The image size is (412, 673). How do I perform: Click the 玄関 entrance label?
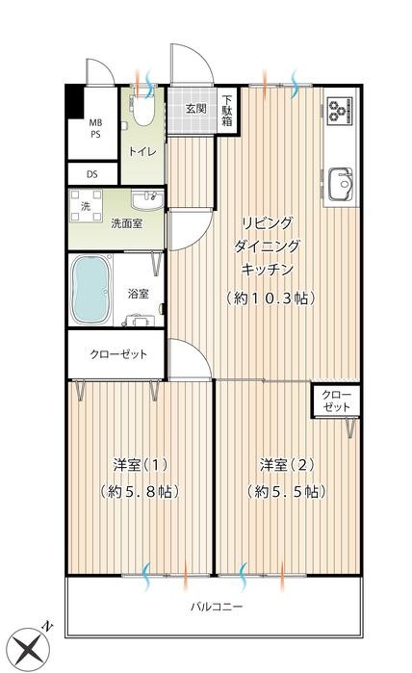pyautogui.click(x=196, y=109)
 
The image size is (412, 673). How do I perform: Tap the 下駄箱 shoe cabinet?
pyautogui.click(x=228, y=109)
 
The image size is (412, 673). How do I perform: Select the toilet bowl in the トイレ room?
pyautogui.click(x=142, y=111)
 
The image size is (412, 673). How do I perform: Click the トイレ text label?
pyautogui.click(x=142, y=151)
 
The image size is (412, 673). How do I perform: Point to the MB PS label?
pyautogui.click(x=96, y=129)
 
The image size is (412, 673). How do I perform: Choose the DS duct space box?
pyautogui.click(x=92, y=174)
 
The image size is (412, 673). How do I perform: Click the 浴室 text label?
pyautogui.click(x=138, y=294)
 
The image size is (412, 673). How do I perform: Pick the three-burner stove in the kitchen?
pyautogui.click(x=339, y=112)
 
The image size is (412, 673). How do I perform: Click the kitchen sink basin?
pyautogui.click(x=339, y=180)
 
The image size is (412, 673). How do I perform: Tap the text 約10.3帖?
pyautogui.click(x=272, y=298)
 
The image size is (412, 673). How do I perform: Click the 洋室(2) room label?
pyautogui.click(x=286, y=465)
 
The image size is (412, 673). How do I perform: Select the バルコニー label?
pyautogui.click(x=215, y=607)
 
